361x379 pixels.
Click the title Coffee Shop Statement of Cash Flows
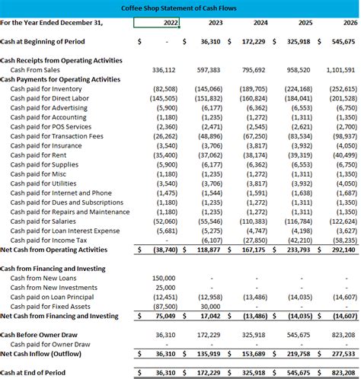pos(180,8)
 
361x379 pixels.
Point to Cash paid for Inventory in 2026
pos(340,89)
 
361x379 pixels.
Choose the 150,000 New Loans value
pos(163,279)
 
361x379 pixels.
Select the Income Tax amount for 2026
pos(340,239)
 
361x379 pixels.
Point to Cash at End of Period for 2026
pos(340,373)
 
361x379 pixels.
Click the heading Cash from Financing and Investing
pos(53,269)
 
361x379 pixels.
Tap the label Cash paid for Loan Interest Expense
pos(65,230)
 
